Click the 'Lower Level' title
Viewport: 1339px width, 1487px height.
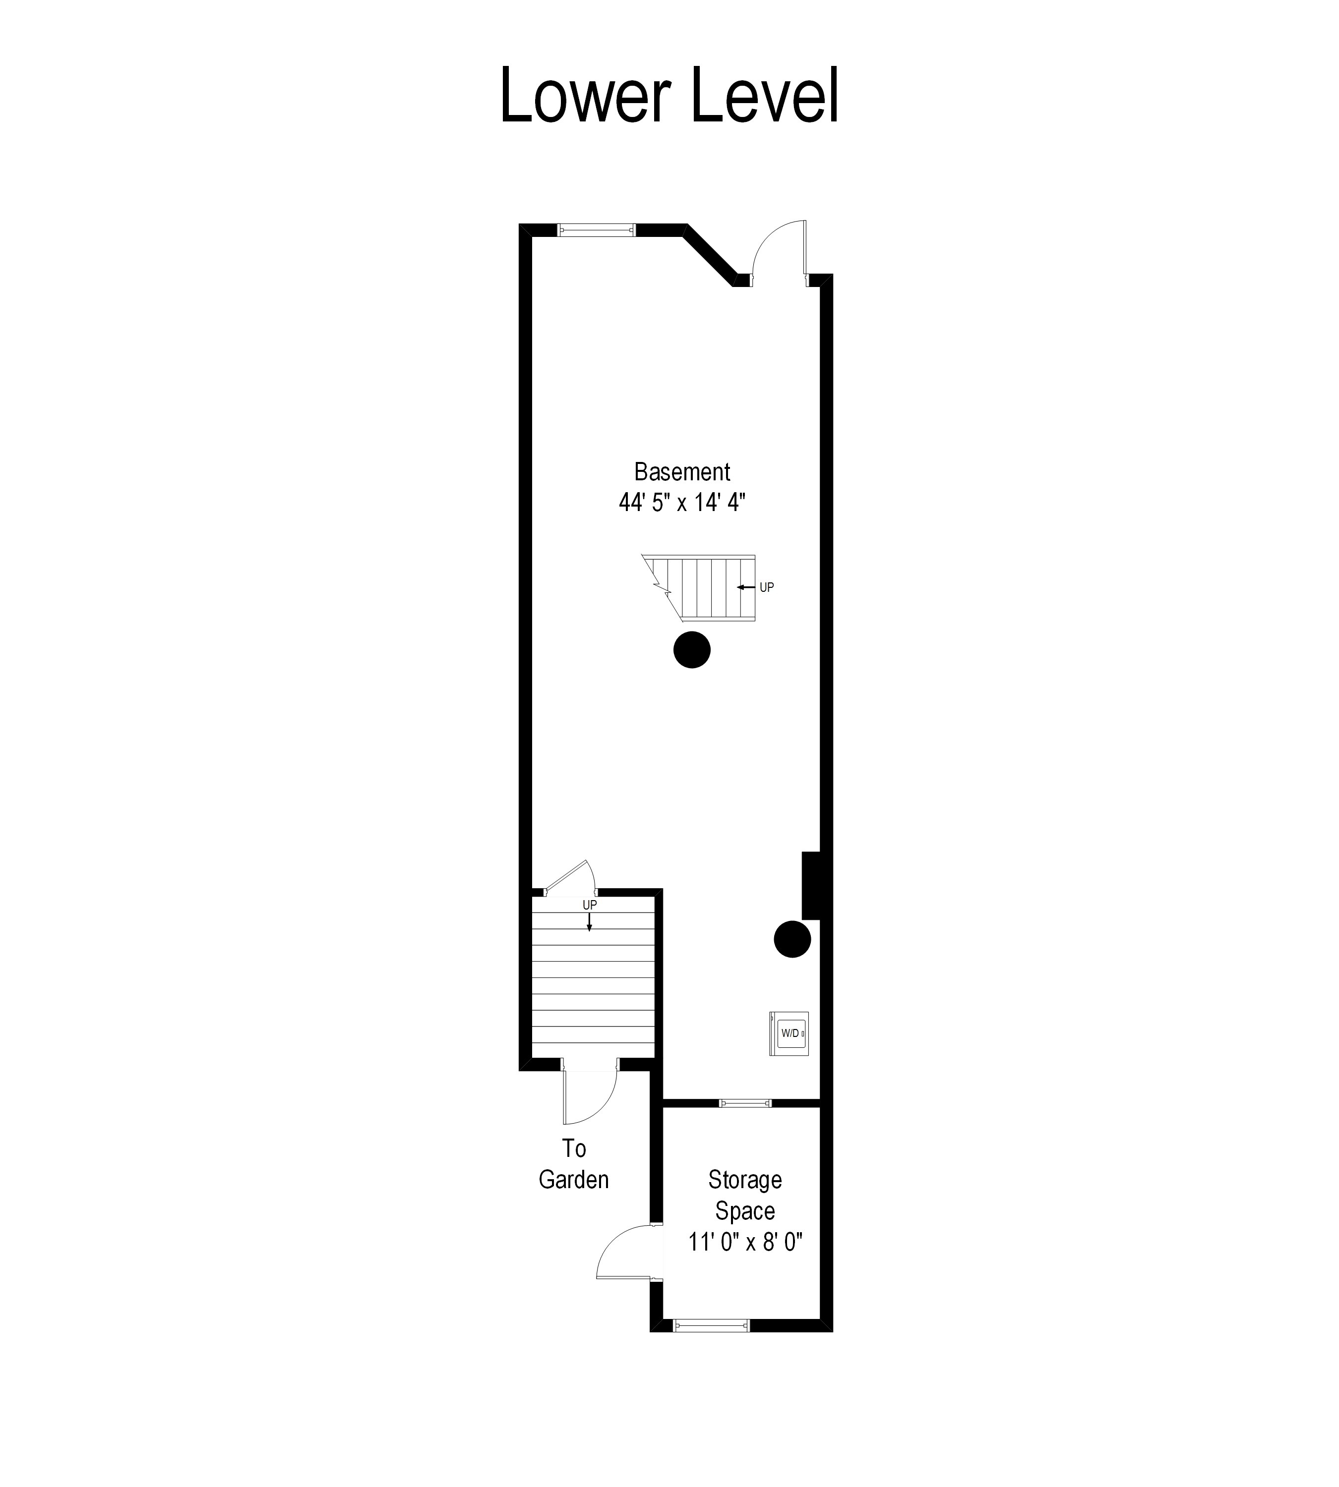[x=669, y=96]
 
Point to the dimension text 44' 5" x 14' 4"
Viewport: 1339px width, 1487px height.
[x=682, y=503]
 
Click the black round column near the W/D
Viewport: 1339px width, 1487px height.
[x=792, y=939]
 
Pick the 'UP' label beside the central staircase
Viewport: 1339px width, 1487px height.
[x=767, y=587]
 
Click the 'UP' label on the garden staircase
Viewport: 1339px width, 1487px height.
[x=589, y=905]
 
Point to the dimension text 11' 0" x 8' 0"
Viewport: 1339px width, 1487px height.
[x=744, y=1242]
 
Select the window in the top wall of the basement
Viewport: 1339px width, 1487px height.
[x=596, y=229]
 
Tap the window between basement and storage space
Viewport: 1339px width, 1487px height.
[x=744, y=1103]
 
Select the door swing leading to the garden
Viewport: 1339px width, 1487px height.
[x=589, y=1099]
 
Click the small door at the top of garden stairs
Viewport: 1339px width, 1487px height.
[x=570, y=879]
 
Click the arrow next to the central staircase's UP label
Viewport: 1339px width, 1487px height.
[x=746, y=587]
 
